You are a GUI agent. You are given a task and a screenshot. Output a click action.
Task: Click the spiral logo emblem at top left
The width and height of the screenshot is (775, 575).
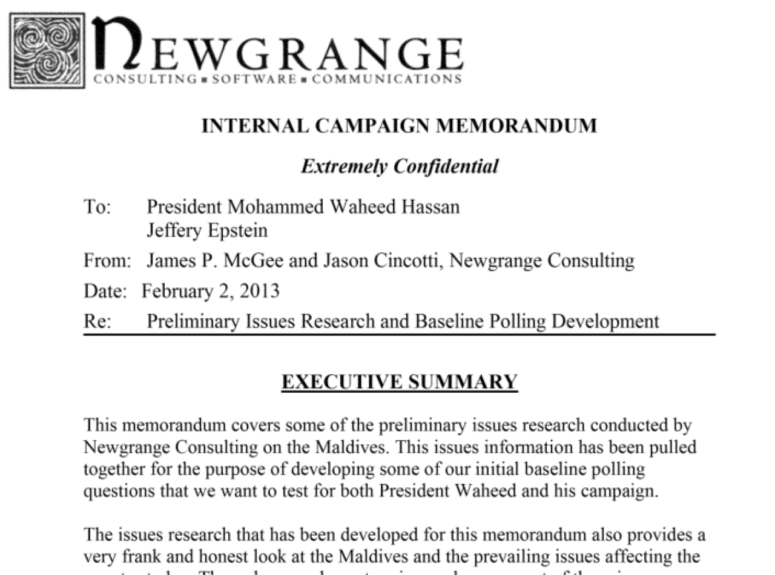(47, 51)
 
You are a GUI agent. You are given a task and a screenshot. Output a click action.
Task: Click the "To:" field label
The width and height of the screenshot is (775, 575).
(97, 207)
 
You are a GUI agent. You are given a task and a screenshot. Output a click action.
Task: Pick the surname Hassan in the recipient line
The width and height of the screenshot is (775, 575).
(429, 207)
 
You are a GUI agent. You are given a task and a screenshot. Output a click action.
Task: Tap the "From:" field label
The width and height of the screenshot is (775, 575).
(107, 261)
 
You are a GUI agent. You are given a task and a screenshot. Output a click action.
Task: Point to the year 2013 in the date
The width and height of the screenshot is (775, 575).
(259, 291)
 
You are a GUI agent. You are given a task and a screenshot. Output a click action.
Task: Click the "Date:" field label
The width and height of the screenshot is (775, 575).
(105, 291)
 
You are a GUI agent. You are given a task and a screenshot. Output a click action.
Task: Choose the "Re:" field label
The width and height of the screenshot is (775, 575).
(97, 321)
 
